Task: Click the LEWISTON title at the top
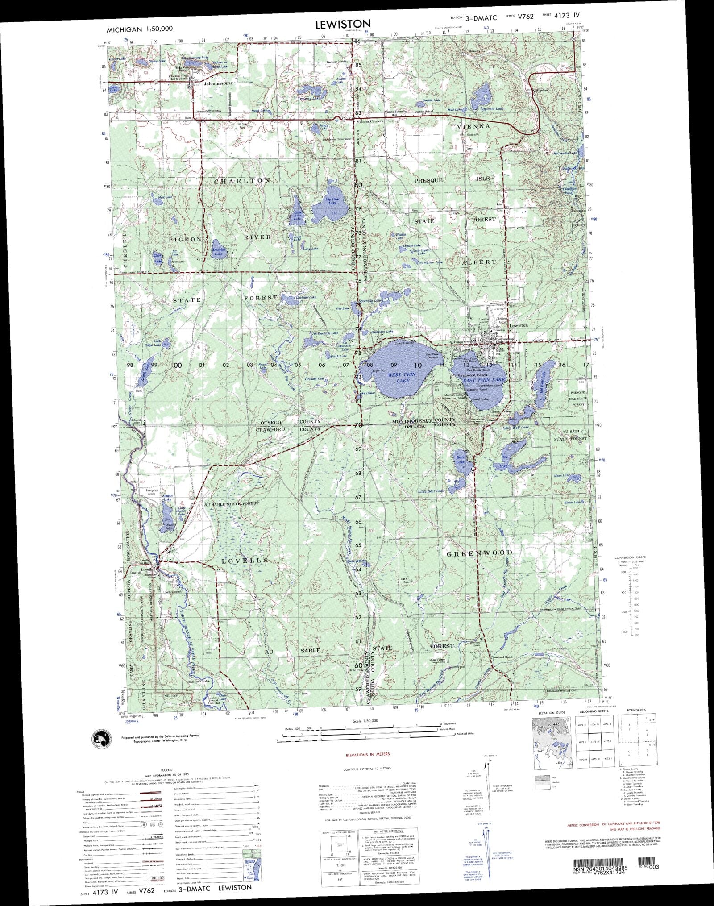pos(343,25)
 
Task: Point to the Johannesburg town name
pos(218,83)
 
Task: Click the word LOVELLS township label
pos(245,560)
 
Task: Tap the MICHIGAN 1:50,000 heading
pos(140,29)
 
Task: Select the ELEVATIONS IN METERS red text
pos(368,754)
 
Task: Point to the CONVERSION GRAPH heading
pos(630,557)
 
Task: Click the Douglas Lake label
pos(219,252)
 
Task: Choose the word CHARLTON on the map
pos(242,181)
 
